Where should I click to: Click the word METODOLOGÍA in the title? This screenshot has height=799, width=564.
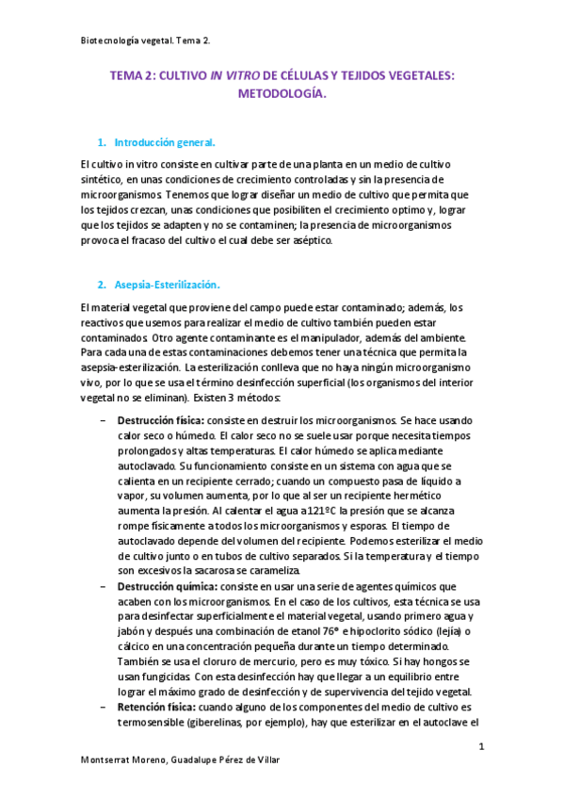pyautogui.click(x=282, y=95)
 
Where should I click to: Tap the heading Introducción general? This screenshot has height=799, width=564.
pyautogui.click(x=165, y=143)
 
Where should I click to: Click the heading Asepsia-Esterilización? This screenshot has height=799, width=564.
pyautogui.click(x=168, y=284)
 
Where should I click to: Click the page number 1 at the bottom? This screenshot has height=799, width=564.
pyautogui.click(x=480, y=747)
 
